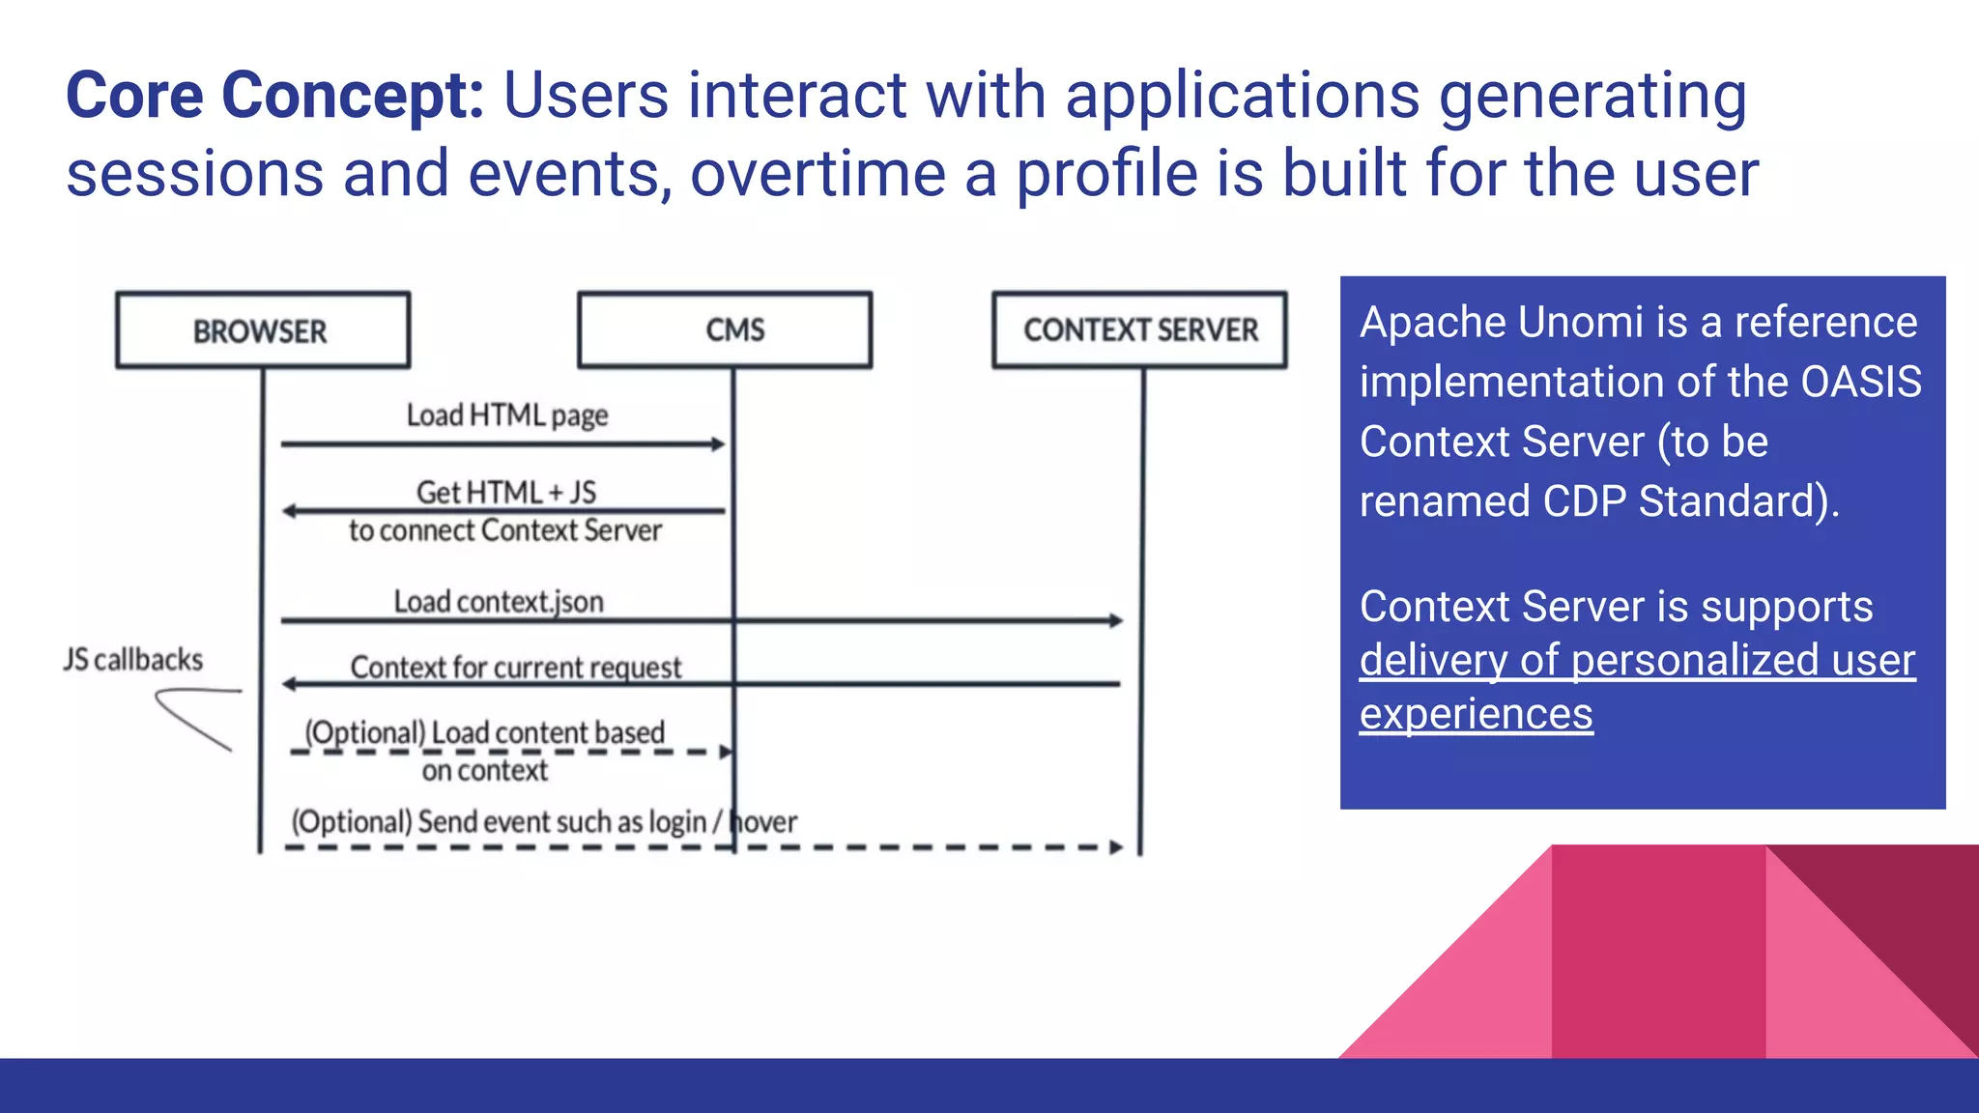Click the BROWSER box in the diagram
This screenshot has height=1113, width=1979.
pos(262,330)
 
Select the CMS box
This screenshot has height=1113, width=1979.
pos(725,329)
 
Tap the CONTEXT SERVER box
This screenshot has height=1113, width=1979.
pos(1139,329)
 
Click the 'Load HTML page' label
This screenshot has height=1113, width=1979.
pos(506,415)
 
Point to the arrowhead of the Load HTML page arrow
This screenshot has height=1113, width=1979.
pos(718,444)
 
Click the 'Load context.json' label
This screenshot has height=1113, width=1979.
pos(499,602)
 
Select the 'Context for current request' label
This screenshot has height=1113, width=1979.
pos(515,668)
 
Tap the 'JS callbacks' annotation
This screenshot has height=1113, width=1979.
pos(133,660)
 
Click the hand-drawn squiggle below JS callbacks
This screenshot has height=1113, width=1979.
pos(193,715)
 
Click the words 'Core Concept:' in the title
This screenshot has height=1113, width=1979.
pos(274,96)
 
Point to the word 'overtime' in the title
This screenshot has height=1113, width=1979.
pos(817,174)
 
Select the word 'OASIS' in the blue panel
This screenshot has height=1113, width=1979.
pos(1860,383)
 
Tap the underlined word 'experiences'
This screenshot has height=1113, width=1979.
pos(1476,715)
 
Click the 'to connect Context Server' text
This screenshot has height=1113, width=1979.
pos(504,530)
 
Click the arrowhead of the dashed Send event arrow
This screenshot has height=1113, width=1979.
pos(1116,847)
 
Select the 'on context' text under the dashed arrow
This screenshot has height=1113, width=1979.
pos(484,771)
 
